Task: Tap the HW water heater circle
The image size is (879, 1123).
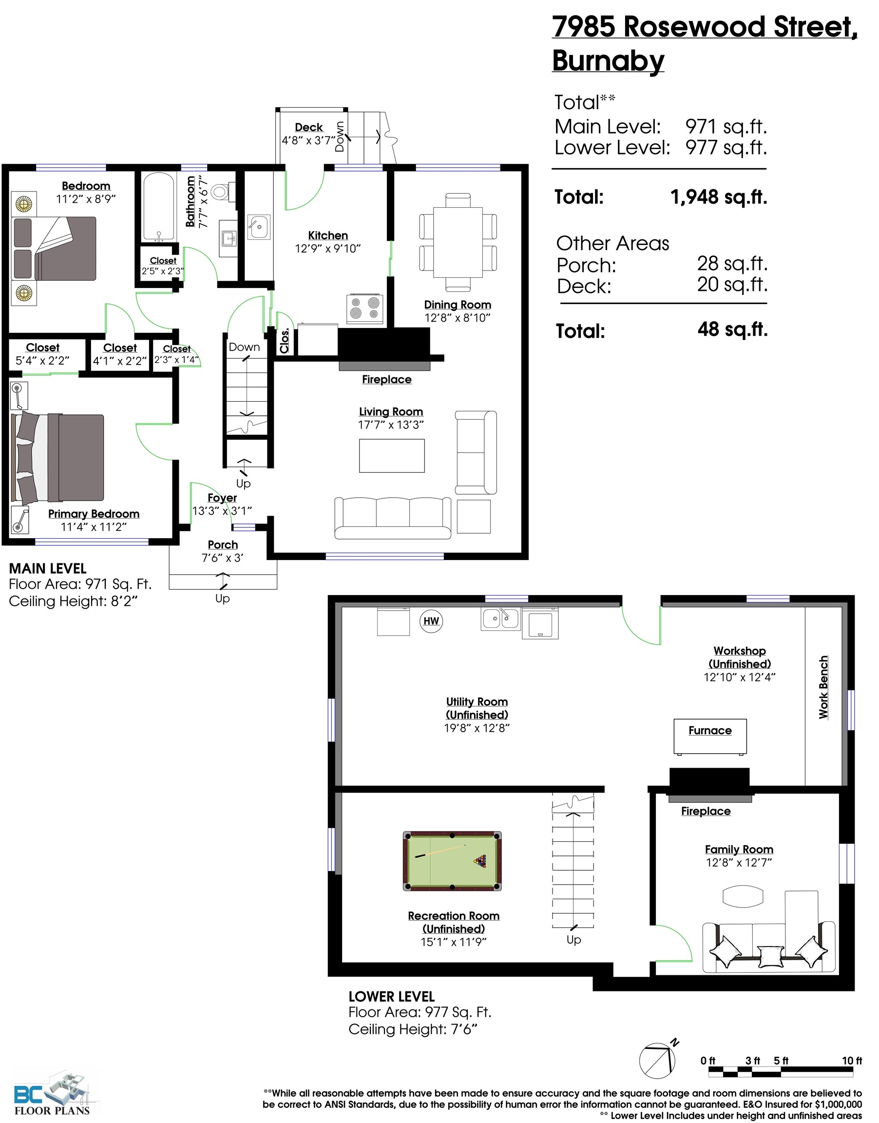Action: (x=431, y=620)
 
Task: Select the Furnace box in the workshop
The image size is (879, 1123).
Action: (x=710, y=736)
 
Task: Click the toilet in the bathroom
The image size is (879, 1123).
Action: (x=221, y=193)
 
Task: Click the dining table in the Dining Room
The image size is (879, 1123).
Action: (x=458, y=242)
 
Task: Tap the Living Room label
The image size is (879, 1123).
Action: (x=391, y=412)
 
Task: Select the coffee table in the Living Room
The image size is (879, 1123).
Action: (x=392, y=455)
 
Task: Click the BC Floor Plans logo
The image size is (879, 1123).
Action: (x=52, y=1092)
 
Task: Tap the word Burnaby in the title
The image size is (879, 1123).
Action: (x=608, y=61)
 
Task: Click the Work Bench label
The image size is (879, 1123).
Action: (x=823, y=687)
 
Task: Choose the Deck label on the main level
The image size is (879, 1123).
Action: (x=309, y=127)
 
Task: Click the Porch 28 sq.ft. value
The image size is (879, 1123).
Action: (x=732, y=264)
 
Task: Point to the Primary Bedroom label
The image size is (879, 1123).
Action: (x=94, y=514)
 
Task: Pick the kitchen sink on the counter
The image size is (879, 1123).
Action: (x=258, y=227)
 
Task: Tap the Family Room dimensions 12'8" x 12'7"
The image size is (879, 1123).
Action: (x=739, y=863)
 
